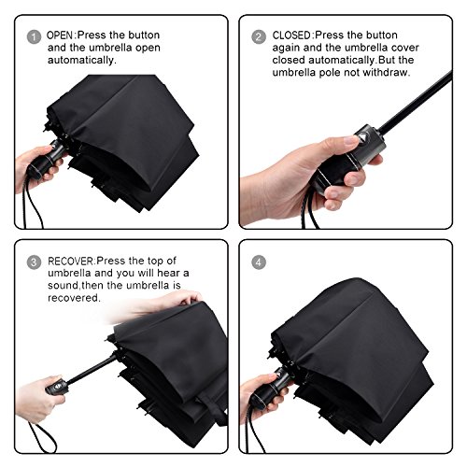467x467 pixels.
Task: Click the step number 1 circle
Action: coord(34,36)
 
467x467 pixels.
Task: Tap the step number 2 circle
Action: coord(259,36)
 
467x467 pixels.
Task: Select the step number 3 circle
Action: coord(34,262)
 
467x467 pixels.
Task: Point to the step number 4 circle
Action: coord(259,262)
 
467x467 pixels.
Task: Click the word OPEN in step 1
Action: coord(60,35)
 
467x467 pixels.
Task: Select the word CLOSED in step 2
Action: coord(291,35)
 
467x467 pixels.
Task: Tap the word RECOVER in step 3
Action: coord(70,261)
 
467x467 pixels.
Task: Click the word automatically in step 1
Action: coord(81,60)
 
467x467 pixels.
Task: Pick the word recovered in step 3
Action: coord(74,298)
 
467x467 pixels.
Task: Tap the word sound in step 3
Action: coord(64,285)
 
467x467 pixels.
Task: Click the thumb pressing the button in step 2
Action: coord(346,142)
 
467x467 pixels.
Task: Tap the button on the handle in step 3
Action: coord(58,387)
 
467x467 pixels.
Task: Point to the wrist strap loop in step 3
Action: coord(43,437)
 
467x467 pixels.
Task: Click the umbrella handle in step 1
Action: coord(47,159)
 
